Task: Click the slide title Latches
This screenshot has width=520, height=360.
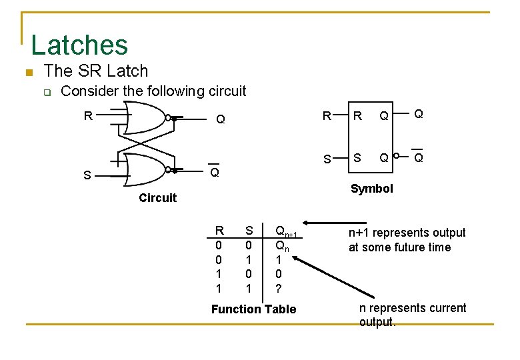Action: (x=79, y=45)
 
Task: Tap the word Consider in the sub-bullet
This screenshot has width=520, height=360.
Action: (x=87, y=91)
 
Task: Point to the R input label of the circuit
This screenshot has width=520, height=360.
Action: (x=87, y=116)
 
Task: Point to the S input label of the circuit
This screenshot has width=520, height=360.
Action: (x=87, y=176)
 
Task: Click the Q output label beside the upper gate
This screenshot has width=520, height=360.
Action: (x=220, y=120)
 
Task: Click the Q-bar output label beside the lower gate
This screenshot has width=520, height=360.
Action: (x=214, y=172)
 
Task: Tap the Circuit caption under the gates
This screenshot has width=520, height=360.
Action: (x=157, y=197)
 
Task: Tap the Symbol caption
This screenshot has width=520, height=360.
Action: (x=371, y=189)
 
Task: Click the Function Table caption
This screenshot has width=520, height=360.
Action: (x=253, y=309)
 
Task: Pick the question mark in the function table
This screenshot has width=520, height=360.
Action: (x=279, y=288)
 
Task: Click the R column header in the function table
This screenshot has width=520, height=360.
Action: (x=219, y=231)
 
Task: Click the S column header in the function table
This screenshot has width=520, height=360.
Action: (x=249, y=231)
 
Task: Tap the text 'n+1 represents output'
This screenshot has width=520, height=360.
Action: (x=407, y=233)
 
